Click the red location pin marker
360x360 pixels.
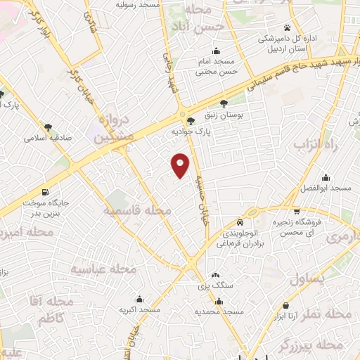coord(181,165)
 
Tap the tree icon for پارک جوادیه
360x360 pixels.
coord(191,120)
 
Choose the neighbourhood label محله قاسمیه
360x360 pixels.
coord(138,210)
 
